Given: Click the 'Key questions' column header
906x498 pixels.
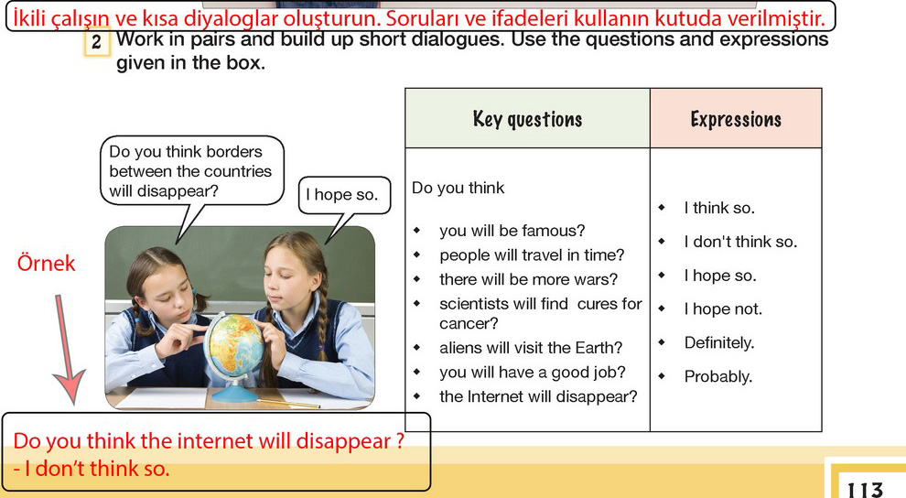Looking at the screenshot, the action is click(527, 119).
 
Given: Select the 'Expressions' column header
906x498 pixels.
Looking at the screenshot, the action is click(736, 119).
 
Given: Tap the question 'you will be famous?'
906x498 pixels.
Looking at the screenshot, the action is click(512, 231).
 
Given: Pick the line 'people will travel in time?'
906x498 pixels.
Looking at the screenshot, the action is click(532, 254).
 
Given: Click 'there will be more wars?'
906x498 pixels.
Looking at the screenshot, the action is click(528, 279).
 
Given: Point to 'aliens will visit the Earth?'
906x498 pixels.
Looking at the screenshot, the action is click(531, 347).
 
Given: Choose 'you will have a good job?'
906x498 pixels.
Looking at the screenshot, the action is click(532, 372).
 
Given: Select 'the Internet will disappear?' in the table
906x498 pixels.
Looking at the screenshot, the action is click(538, 396).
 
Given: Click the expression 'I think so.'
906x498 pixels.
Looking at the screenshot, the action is click(719, 208).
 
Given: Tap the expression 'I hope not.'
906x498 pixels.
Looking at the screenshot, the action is click(723, 309).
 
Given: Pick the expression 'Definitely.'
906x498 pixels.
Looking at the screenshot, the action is click(719, 342).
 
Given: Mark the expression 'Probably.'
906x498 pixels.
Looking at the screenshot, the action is click(718, 376).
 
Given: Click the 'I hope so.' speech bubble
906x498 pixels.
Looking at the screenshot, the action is click(344, 195).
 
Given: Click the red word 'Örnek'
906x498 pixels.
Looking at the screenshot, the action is click(47, 263).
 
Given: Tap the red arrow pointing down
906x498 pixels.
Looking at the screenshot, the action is click(67, 350).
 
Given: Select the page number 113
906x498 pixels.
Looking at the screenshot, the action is click(865, 490).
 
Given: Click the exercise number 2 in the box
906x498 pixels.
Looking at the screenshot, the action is click(96, 43).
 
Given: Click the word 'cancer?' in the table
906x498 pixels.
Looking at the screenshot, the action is click(468, 323).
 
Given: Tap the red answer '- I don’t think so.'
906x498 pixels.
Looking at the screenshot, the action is click(92, 469).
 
